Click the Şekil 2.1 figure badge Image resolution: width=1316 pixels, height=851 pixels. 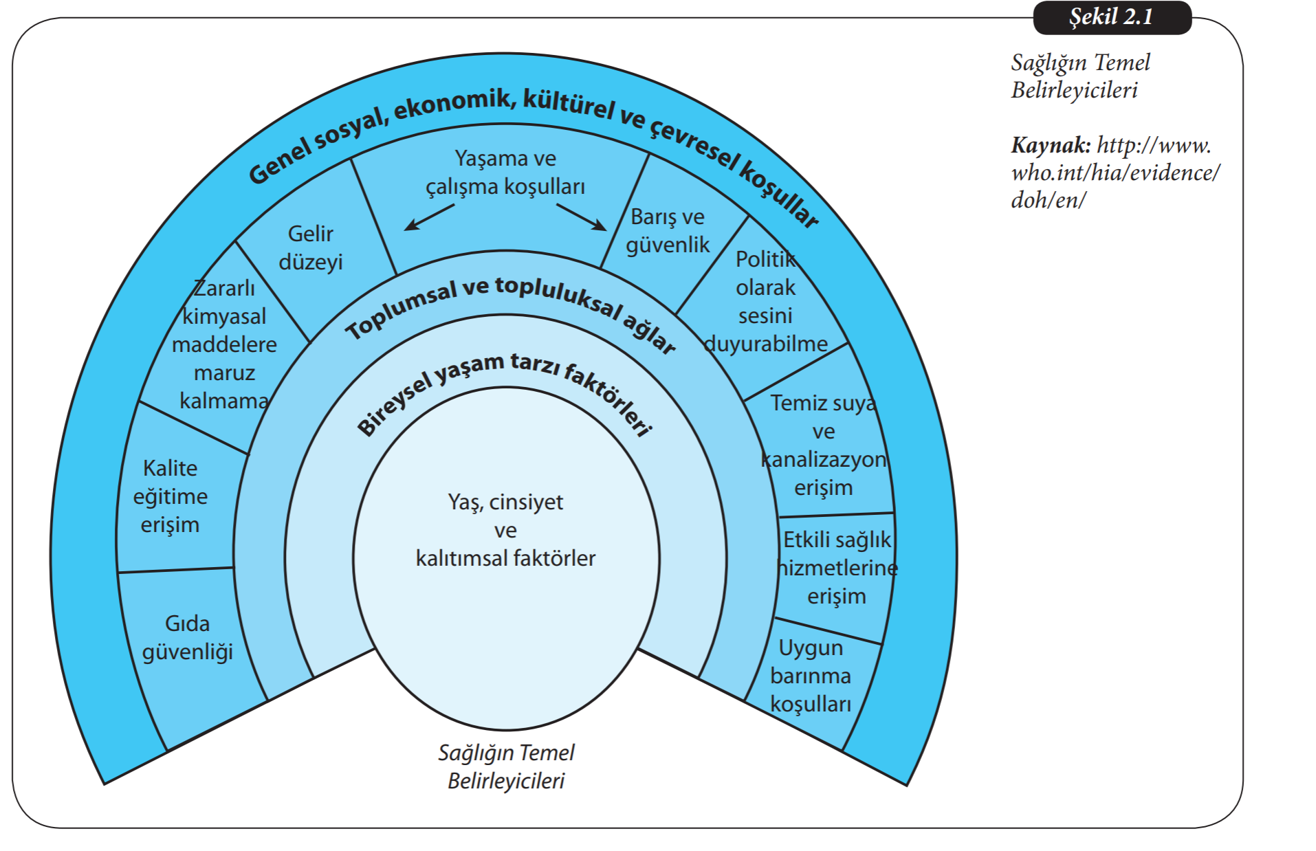(1111, 17)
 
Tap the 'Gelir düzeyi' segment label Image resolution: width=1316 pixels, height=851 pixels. (311, 247)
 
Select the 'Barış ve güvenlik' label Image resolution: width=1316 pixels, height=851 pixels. (668, 231)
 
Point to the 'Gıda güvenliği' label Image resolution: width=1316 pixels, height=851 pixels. (188, 637)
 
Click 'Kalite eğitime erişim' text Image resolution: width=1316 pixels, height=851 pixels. (171, 496)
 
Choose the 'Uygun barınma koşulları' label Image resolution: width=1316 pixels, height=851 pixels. (811, 676)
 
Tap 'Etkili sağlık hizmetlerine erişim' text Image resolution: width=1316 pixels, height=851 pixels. (837, 568)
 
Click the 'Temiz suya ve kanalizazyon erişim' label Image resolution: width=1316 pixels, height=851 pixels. (823, 445)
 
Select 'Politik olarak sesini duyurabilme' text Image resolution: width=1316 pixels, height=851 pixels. (766, 301)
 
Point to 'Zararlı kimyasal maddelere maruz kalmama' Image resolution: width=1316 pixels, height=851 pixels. (224, 344)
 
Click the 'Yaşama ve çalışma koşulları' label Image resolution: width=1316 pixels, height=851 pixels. (505, 173)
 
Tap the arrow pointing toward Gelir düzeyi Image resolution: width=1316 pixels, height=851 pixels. (428, 217)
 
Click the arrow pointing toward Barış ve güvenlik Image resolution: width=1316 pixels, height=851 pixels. (582, 217)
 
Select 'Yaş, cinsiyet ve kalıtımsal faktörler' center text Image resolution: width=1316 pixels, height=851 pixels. (505, 530)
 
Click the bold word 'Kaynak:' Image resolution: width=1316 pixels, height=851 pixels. (1050, 145)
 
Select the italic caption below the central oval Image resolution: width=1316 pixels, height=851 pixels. (506, 766)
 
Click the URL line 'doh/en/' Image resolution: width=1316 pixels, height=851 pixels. (1048, 200)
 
